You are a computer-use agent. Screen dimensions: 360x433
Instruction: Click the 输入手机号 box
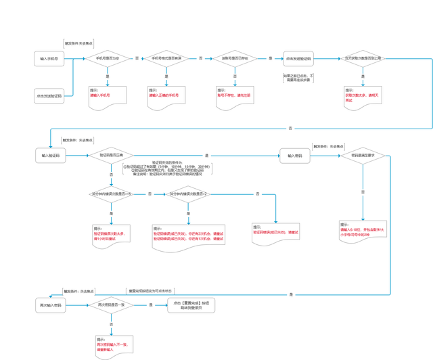pyautogui.click(x=48, y=59)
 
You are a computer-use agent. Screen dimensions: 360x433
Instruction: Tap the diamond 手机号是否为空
pyautogui.click(x=107, y=58)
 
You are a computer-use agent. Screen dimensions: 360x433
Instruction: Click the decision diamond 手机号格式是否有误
pyautogui.click(x=166, y=58)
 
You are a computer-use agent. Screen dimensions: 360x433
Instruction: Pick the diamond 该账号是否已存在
pyautogui.click(x=235, y=58)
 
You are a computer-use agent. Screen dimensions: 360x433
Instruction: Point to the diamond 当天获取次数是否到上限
pyautogui.click(x=363, y=59)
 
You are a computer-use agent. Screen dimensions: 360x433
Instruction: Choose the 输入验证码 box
pyautogui.click(x=50, y=156)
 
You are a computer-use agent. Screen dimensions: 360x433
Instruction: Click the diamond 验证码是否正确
pyautogui.click(x=112, y=156)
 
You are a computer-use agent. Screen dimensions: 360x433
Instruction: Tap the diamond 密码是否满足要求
pyautogui.click(x=363, y=156)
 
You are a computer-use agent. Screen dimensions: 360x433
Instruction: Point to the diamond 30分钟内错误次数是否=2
pyautogui.click(x=188, y=194)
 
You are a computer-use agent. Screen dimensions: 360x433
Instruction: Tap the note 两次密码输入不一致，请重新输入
pyautogui.click(x=114, y=346)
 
